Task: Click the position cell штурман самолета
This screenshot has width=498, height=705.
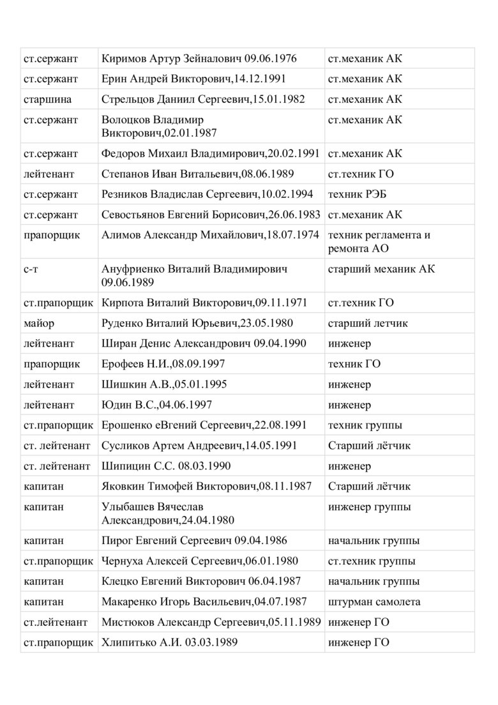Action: tap(373, 602)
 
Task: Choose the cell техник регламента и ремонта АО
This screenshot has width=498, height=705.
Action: tap(379, 241)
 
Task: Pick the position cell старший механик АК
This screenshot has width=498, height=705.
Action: tap(381, 269)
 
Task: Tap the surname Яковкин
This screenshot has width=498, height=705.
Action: tap(124, 486)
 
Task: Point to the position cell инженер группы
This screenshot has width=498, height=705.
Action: tap(369, 507)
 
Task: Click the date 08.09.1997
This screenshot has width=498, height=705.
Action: tap(199, 364)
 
